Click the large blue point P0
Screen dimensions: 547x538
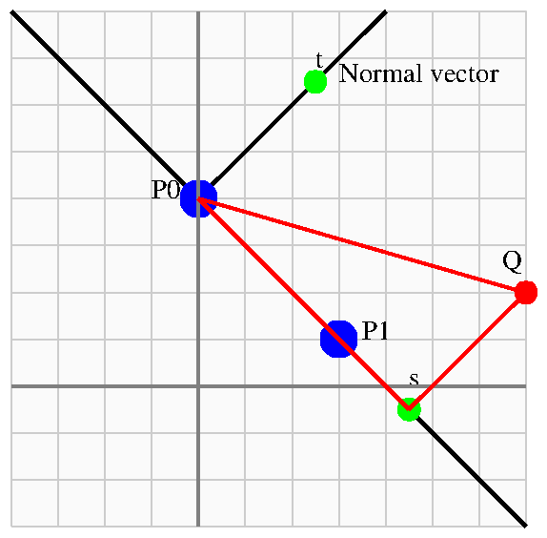coord(198,199)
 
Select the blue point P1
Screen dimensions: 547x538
coord(338,339)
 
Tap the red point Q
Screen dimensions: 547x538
coord(526,292)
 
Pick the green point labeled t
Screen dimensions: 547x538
coord(315,82)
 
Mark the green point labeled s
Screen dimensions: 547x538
coord(409,409)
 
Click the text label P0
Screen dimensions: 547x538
coord(166,190)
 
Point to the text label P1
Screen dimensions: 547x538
coord(375,331)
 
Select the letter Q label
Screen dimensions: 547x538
coord(512,261)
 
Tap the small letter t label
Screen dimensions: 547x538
coord(319,60)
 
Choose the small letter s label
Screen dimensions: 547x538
coord(415,379)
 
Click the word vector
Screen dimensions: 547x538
coord(464,75)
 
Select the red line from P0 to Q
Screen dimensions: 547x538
coord(362,245)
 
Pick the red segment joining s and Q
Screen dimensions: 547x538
coord(468,351)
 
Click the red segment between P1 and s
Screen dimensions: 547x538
coord(374,374)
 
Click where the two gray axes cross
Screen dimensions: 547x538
coord(198,386)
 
